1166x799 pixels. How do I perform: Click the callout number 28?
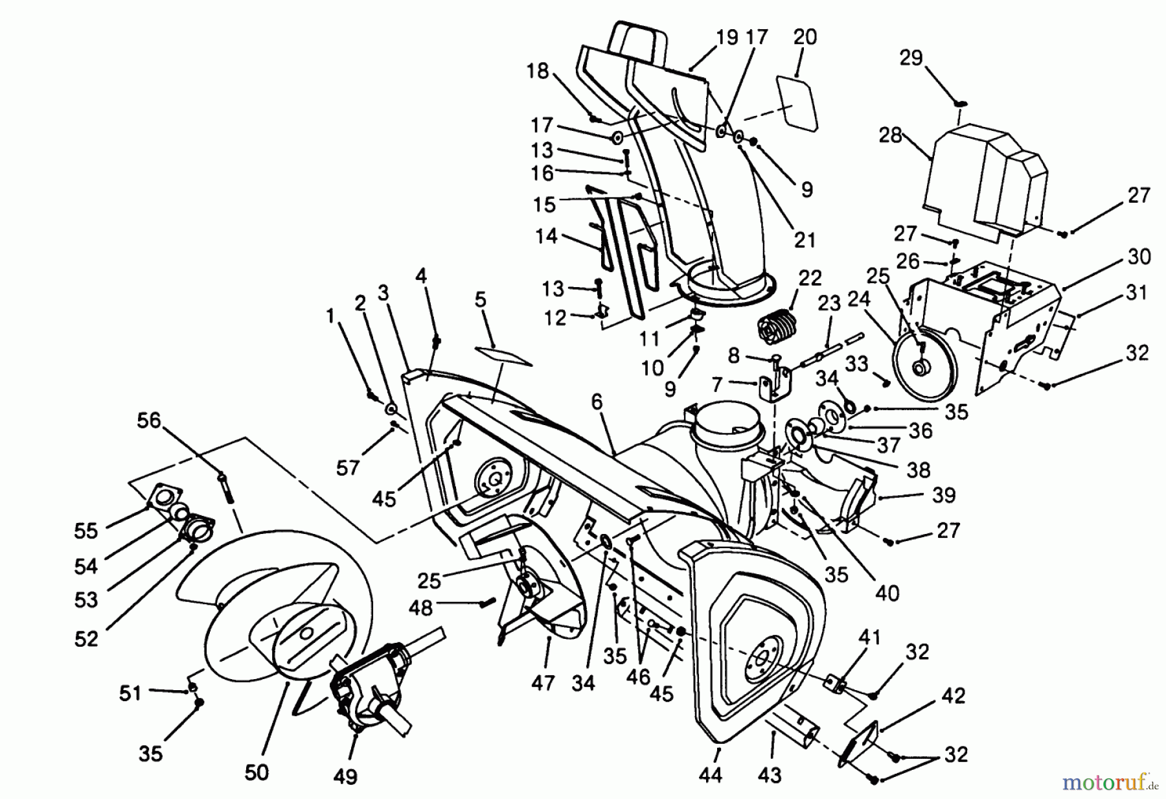(x=891, y=136)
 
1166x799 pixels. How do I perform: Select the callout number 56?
(x=148, y=421)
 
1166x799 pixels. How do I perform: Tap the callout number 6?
(x=596, y=402)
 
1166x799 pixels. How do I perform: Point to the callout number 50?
(x=257, y=772)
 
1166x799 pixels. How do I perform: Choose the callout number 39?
(x=943, y=495)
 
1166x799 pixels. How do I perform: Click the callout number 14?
(x=546, y=236)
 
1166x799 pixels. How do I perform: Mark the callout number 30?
(x=1139, y=257)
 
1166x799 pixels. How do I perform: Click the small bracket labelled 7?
(x=774, y=384)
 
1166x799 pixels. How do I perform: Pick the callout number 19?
(x=727, y=38)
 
